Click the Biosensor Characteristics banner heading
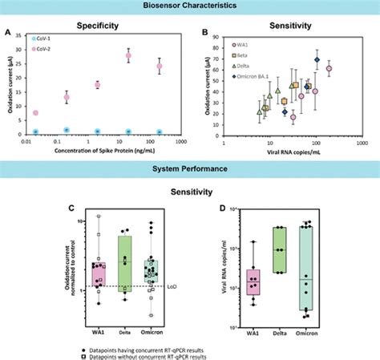point(190,6)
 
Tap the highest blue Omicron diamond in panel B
point(317,60)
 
